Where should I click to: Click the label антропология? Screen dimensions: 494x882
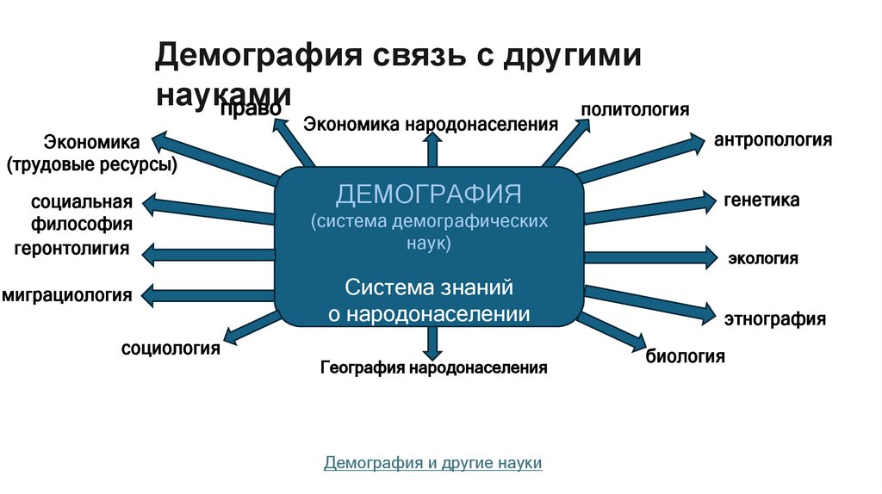pos(773,139)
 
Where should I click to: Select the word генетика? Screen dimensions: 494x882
pos(761,201)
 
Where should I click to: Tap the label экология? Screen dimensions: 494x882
pos(763,258)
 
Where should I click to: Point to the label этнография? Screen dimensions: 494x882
pos(774,319)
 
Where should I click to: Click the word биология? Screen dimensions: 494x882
pos(686,355)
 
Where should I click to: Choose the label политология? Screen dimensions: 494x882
pos(635,109)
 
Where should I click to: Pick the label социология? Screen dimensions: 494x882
pos(171,349)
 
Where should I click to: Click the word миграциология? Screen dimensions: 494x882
pos(67,295)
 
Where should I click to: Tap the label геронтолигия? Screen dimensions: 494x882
pos(71,250)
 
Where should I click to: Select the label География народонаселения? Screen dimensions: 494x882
pos(434,368)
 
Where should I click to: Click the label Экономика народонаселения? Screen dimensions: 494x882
pos(431,124)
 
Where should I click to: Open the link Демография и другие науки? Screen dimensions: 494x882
pos(432,463)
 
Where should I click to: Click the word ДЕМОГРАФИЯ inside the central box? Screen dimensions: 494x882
pos(429,192)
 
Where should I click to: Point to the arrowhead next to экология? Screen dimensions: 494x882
pos(709,256)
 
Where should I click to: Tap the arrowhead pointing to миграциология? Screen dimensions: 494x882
pos(149,295)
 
